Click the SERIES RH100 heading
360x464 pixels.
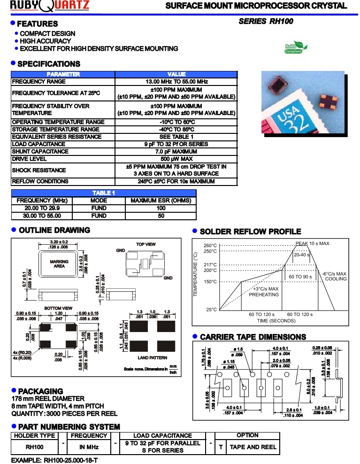(x=266, y=21)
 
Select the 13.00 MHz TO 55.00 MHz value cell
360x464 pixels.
(x=176, y=82)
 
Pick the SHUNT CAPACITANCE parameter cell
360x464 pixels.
(x=63, y=152)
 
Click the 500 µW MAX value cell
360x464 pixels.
(x=176, y=159)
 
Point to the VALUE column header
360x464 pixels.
(x=176, y=74)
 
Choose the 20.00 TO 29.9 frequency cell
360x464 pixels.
(x=42, y=208)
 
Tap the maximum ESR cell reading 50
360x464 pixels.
(x=161, y=216)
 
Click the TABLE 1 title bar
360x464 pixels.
(x=104, y=193)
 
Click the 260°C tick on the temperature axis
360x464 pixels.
(x=210, y=246)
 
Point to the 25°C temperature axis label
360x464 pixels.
(x=211, y=310)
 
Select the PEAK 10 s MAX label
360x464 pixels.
(x=312, y=243)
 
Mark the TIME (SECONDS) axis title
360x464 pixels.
(x=276, y=321)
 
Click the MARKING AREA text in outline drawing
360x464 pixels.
(x=59, y=264)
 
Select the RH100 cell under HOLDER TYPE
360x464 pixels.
(x=34, y=447)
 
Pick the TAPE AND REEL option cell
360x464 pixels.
(x=253, y=447)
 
